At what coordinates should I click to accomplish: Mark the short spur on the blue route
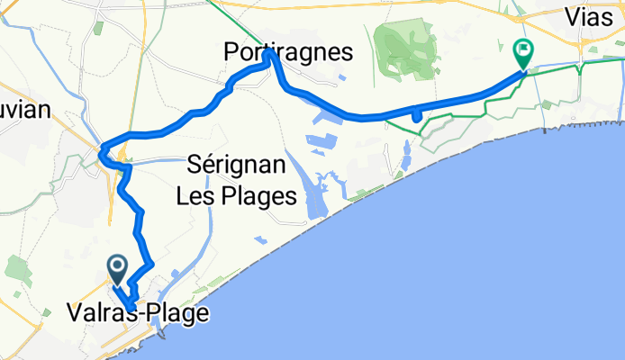(415, 115)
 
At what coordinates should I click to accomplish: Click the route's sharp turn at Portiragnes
(269, 54)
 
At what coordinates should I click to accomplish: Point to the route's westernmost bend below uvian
(104, 146)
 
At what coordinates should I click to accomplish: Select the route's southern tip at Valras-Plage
(131, 309)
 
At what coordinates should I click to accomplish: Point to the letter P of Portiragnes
(231, 54)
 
